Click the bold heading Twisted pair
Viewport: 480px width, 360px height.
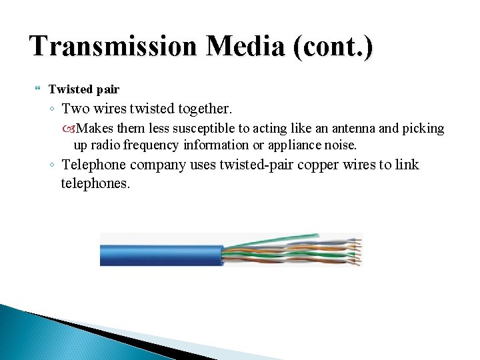(84, 89)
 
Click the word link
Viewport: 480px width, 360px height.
(406, 165)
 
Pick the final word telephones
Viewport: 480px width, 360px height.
(95, 183)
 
